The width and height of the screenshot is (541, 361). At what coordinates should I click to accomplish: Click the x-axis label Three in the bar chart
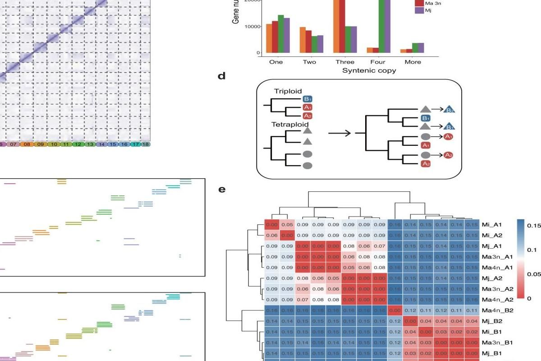pyautogui.click(x=345, y=62)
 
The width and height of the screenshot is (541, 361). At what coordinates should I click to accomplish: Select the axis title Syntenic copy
pyautogui.click(x=369, y=71)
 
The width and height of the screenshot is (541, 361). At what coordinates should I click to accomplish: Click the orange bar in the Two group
pyautogui.click(x=303, y=40)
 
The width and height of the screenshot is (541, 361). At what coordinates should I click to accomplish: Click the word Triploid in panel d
pyautogui.click(x=288, y=91)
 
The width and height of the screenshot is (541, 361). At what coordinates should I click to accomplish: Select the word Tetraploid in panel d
pyautogui.click(x=290, y=124)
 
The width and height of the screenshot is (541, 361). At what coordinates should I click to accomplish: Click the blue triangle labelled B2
pyautogui.click(x=449, y=110)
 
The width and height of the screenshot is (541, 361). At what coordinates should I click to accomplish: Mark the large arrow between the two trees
pyautogui.click(x=340, y=133)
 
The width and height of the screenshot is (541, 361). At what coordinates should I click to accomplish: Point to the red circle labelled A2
pyautogui.click(x=448, y=155)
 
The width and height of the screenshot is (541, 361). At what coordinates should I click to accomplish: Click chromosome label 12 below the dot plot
pyautogui.click(x=78, y=144)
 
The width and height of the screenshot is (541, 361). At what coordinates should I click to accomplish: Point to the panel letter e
pyautogui.click(x=221, y=190)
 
